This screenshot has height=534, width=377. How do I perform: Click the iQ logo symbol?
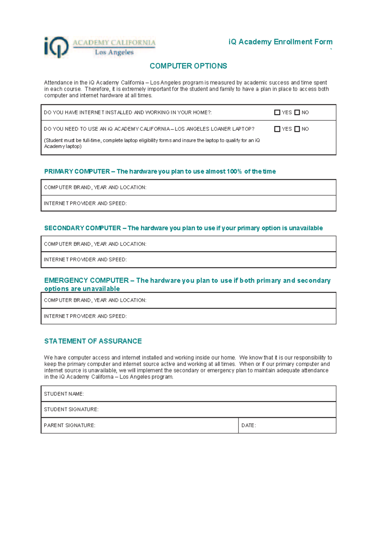56,47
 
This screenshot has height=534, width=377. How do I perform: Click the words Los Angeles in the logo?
114,52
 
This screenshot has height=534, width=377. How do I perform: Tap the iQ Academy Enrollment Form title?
280,42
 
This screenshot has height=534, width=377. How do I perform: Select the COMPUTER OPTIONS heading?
188,66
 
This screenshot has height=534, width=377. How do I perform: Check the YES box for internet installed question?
277,112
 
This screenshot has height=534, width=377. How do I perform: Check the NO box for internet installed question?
297,112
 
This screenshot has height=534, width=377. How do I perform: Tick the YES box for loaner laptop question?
277,129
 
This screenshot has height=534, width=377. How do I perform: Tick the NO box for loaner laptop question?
297,129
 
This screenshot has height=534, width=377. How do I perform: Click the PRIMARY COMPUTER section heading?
160,171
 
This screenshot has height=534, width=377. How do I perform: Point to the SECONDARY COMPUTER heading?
183,228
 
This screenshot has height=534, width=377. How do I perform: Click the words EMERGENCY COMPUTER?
86,280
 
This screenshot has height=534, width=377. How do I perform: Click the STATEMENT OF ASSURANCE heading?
93,341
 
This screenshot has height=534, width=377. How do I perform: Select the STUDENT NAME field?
207,394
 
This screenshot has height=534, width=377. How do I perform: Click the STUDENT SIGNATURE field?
214,409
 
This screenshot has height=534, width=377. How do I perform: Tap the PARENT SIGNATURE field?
163,426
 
